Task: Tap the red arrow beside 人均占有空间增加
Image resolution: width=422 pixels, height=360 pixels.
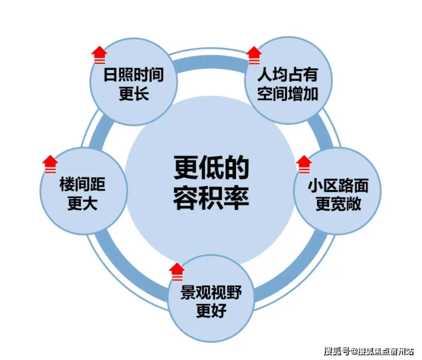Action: tap(254, 55)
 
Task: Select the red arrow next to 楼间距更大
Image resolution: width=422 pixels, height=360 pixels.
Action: tap(50, 164)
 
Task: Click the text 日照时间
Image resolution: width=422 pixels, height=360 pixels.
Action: tap(134, 76)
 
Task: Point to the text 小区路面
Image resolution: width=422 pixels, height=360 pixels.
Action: tap(338, 186)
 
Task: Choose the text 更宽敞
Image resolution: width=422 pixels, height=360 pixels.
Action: tap(338, 204)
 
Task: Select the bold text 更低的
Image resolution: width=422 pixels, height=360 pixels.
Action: tap(212, 170)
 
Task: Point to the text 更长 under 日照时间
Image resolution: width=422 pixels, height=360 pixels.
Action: tap(134, 94)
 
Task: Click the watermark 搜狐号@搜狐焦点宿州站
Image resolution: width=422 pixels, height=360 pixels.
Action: tap(369, 350)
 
